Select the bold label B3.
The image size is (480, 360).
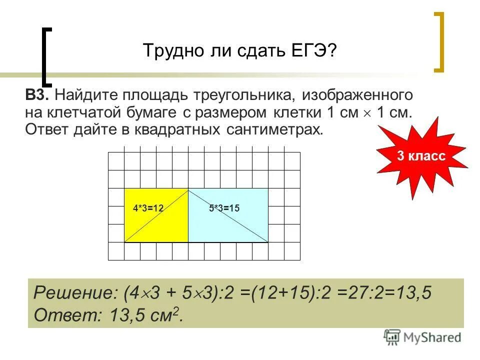(x=37, y=94)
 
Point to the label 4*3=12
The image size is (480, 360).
(x=148, y=208)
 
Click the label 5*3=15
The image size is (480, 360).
(x=224, y=208)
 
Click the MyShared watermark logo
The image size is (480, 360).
(x=422, y=336)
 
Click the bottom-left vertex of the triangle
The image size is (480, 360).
(x=124, y=242)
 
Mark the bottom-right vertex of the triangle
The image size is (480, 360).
(x=268, y=242)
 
